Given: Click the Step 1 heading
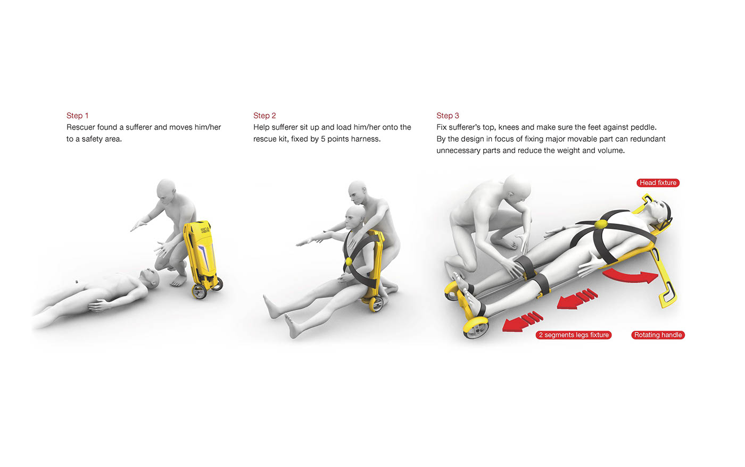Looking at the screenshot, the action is (x=77, y=116).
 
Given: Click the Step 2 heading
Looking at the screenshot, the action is (x=264, y=116).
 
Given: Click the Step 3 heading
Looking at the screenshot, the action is (x=448, y=116).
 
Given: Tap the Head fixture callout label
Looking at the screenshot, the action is (x=658, y=183).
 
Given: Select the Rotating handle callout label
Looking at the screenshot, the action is (x=658, y=335).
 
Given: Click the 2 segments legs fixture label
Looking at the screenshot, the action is (x=574, y=335).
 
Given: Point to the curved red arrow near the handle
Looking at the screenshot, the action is (x=630, y=276).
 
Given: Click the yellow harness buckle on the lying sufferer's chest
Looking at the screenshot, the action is (x=600, y=225).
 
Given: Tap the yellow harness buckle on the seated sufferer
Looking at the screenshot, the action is (x=348, y=261).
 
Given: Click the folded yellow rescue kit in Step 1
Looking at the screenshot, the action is (x=201, y=258).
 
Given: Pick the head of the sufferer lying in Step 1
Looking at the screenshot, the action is (x=150, y=278).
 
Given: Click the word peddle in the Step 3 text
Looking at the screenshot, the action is (x=645, y=127).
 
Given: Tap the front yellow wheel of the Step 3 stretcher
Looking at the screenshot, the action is (x=476, y=327).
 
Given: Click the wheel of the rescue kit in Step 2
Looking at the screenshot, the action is (x=376, y=304).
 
